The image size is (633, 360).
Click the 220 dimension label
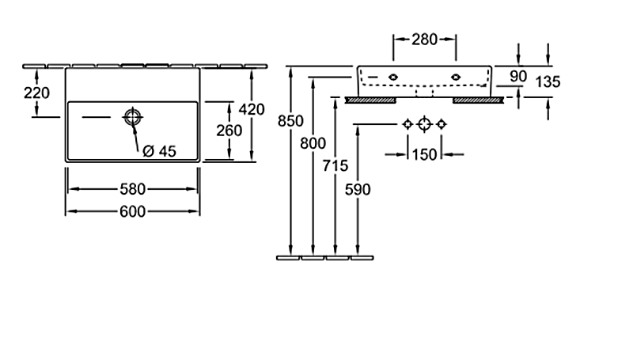click(x=36, y=93)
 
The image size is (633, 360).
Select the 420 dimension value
click(x=252, y=109)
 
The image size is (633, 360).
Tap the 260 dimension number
click(x=229, y=131)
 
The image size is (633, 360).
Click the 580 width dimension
click(x=132, y=189)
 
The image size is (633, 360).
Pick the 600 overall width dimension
click(x=132, y=211)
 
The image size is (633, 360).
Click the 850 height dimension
click(x=291, y=121)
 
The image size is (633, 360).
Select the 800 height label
click(x=313, y=143)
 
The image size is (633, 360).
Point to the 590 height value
click(x=358, y=189)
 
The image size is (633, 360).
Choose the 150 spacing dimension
click(x=425, y=154)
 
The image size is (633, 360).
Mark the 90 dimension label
click(x=518, y=76)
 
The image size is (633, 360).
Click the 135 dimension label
click(x=548, y=81)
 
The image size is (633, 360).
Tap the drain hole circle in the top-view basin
click(x=132, y=118)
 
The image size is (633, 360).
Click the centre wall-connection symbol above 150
click(x=424, y=124)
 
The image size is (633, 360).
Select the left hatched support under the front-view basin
click(x=371, y=100)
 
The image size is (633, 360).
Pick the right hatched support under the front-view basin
click(x=478, y=100)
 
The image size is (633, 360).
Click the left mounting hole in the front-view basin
click(x=392, y=76)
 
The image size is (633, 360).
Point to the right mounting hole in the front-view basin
click(x=457, y=76)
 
